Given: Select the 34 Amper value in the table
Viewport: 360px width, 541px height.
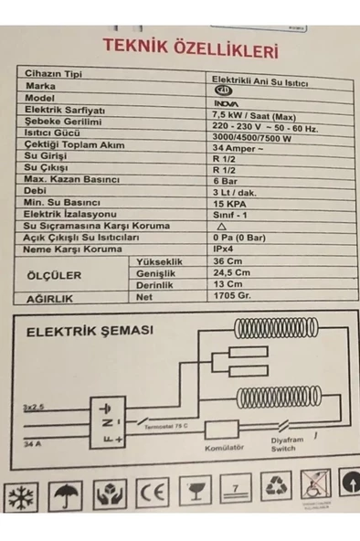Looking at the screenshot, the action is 230,149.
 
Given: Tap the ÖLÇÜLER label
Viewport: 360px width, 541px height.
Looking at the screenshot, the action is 56,273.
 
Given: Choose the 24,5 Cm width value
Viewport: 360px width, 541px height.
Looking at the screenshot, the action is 229,272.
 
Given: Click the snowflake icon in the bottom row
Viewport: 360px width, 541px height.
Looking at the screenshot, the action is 21,497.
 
